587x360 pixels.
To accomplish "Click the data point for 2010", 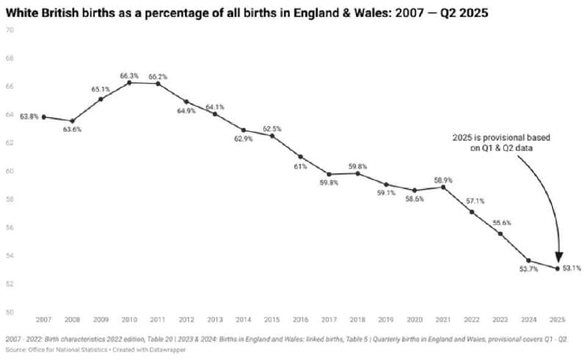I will pos(129,83).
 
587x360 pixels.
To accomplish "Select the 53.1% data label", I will pos(572,268).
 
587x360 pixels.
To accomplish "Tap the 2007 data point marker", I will pos(43,117).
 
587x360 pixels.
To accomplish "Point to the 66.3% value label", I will pos(129,75).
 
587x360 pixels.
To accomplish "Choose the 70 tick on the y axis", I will pos(10,30).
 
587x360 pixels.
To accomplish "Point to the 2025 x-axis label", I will pos(558,320).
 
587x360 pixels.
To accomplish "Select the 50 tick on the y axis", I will pos(10,312).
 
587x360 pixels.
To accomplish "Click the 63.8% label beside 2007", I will pos(28,116).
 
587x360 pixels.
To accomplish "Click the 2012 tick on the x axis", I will pos(186,320).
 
